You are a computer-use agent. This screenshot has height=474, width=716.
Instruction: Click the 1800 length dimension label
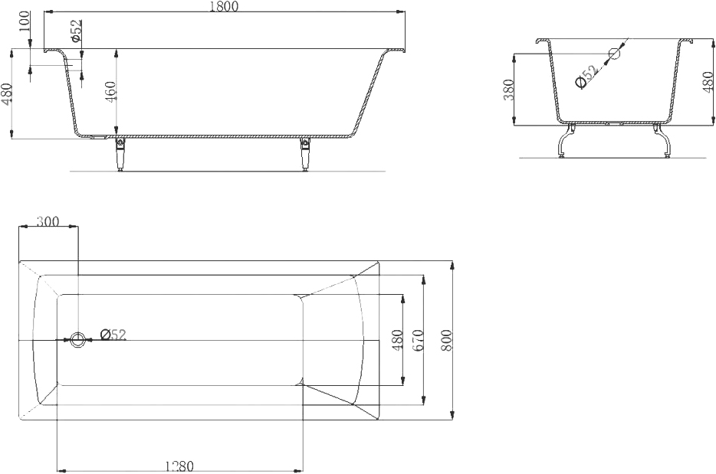(224, 6)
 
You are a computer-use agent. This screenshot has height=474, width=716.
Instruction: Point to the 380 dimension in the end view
(508, 90)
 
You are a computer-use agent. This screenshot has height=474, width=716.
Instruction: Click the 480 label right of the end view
(708, 82)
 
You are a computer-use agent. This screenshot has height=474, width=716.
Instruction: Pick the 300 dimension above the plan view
(48, 221)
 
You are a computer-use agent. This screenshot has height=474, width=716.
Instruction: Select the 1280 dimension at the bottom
(179, 466)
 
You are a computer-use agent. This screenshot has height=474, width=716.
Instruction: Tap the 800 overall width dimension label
(446, 340)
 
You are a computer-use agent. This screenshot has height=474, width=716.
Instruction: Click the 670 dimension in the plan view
(419, 340)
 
